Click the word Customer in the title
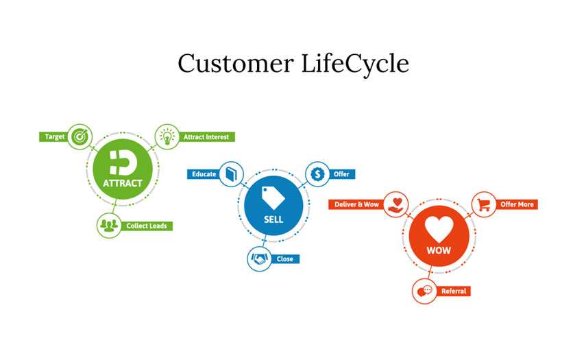(x=236, y=63)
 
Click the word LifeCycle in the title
(x=355, y=64)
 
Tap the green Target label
(x=54, y=137)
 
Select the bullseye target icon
(x=80, y=136)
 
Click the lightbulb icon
(x=167, y=136)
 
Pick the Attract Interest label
(x=206, y=137)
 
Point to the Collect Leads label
(x=147, y=226)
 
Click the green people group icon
(x=109, y=225)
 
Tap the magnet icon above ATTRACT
(x=123, y=163)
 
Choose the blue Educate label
(x=204, y=174)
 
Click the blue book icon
(x=232, y=174)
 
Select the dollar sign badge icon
(x=317, y=174)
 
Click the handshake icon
(x=259, y=259)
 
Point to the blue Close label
(x=285, y=259)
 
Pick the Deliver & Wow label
(x=356, y=204)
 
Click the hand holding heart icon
(x=395, y=205)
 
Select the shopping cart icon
(x=484, y=204)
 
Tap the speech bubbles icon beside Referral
(x=424, y=291)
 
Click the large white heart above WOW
(x=439, y=229)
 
